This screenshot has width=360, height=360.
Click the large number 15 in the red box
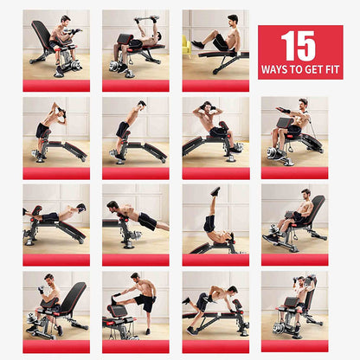(299, 46)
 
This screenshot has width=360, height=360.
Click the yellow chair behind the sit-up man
(186, 46)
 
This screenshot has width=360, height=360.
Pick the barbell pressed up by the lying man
(146, 19)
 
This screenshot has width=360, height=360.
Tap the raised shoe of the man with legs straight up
(215, 191)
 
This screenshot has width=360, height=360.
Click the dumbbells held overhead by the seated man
(303, 280)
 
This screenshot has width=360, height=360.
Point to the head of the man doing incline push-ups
(112, 206)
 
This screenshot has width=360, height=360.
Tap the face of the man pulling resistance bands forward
(303, 104)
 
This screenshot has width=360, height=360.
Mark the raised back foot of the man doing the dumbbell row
(186, 300)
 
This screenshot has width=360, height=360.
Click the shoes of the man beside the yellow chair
(198, 44)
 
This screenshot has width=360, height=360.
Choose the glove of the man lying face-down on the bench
(81, 208)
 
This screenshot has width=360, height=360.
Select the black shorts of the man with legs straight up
(209, 223)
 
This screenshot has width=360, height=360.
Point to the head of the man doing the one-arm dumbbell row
(232, 291)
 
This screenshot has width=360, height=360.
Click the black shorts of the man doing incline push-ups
(147, 221)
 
